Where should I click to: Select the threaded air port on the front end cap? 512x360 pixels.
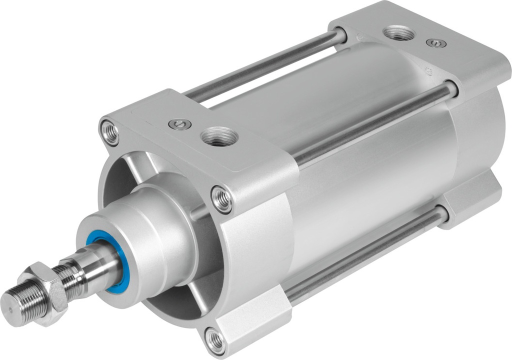point(218,136)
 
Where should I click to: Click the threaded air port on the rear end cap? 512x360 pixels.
point(398,33)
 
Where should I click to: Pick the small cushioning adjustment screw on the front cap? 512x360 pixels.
point(179,124)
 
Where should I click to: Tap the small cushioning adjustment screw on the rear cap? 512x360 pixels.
point(436,43)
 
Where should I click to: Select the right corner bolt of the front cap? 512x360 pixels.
point(222,198)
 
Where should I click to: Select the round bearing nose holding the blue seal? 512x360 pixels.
point(145,235)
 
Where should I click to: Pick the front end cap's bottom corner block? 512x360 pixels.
point(250,320)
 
